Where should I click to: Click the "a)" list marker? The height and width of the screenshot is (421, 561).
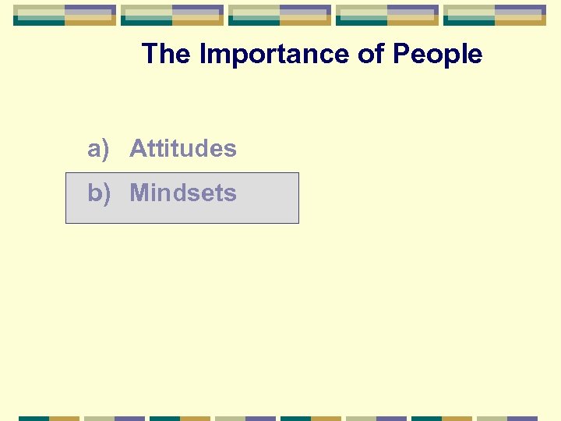click(x=98, y=148)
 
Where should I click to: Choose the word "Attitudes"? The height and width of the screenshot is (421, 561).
click(x=182, y=148)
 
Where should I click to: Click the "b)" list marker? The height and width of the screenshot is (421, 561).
click(x=98, y=193)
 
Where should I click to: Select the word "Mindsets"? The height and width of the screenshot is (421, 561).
click(x=182, y=193)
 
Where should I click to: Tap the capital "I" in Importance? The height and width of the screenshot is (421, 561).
click(x=203, y=55)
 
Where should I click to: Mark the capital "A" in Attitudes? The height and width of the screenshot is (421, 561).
click(x=137, y=148)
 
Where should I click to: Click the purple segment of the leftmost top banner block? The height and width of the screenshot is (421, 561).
click(x=90, y=9)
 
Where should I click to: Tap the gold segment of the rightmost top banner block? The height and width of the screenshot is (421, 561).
click(x=520, y=23)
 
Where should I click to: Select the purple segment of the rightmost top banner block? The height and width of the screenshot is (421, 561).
click(x=520, y=9)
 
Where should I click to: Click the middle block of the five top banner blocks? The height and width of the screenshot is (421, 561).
click(x=280, y=15)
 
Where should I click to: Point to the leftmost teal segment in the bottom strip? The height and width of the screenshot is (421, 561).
click(x=34, y=418)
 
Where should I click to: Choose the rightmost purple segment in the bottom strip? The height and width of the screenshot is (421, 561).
click(x=523, y=418)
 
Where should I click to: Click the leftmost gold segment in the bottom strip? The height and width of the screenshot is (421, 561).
click(x=65, y=418)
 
